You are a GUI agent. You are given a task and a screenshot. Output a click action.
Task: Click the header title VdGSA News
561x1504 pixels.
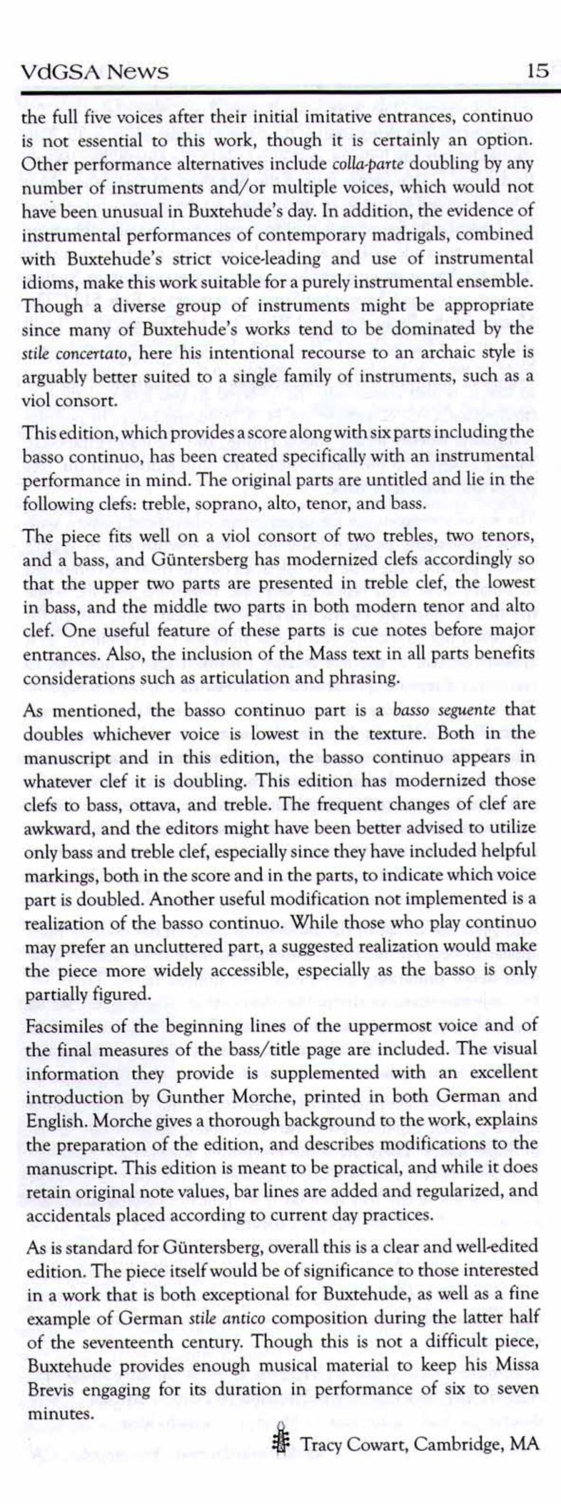click(x=95, y=72)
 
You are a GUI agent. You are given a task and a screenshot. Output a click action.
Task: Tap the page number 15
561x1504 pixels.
click(x=538, y=72)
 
